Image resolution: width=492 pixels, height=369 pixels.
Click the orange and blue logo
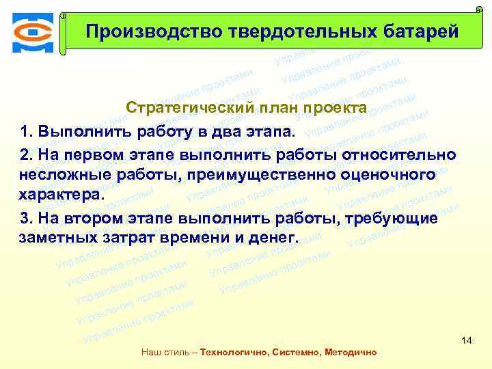pos(31,32)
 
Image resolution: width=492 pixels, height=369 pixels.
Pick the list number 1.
pos(26,131)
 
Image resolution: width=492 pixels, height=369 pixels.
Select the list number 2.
pos(26,152)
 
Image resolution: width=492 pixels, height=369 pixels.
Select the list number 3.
pos(26,217)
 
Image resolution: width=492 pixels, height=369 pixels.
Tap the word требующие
pos(396,217)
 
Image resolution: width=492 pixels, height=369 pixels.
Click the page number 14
pos(467,340)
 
